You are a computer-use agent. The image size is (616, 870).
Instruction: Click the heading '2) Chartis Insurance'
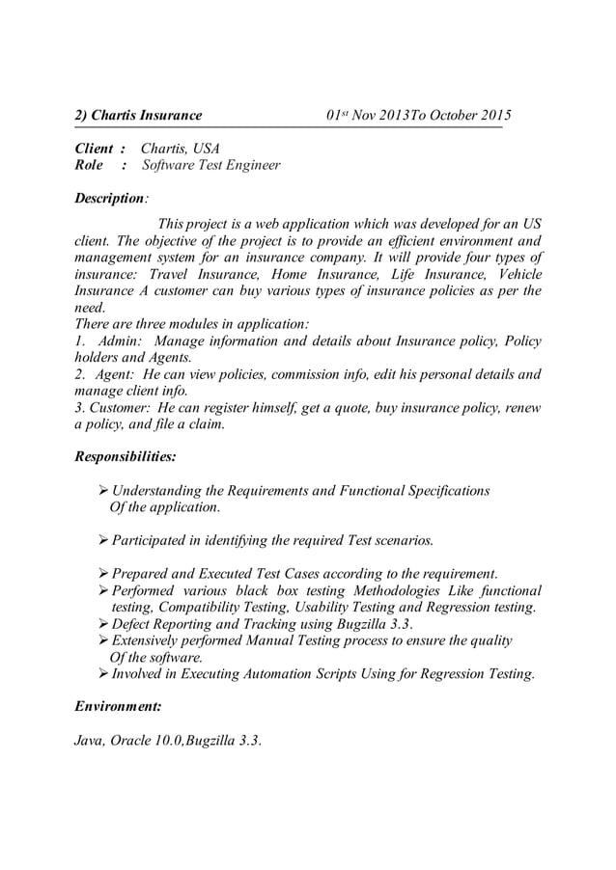coord(138,116)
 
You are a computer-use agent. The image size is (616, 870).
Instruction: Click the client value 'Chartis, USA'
coord(181,149)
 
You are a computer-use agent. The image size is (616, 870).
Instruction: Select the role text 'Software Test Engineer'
coord(211,166)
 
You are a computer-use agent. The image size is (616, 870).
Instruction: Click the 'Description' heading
coord(109,199)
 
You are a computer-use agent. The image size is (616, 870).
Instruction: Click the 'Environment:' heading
coord(118,707)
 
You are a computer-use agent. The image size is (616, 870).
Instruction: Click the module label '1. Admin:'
coord(109,341)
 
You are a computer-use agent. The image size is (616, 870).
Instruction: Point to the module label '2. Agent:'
coord(107,374)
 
